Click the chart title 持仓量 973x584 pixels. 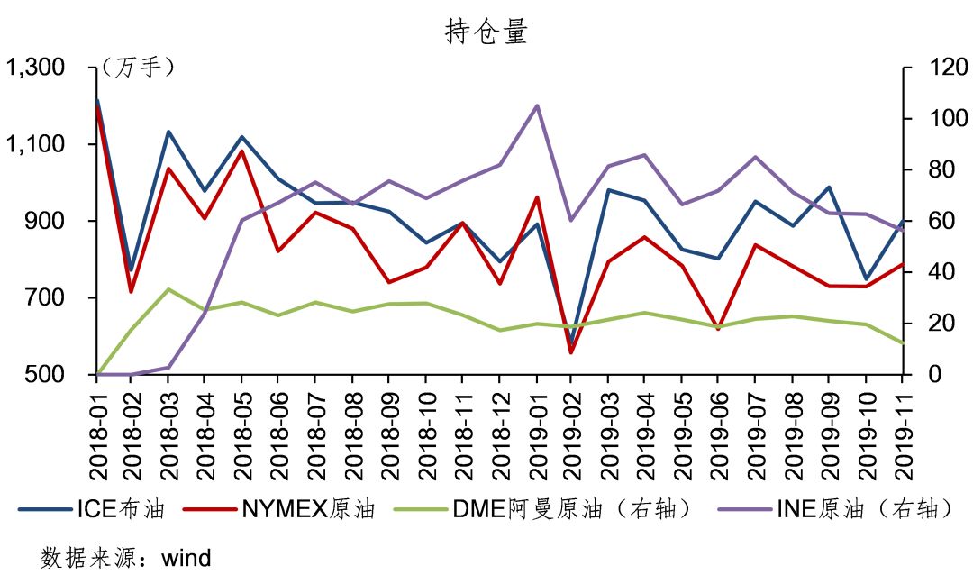[486, 32]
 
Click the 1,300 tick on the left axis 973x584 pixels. [35, 68]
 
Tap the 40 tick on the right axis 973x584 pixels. [923, 272]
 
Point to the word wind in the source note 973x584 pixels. [186, 558]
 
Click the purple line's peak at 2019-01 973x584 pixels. [537, 105]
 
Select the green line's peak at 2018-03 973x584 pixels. [168, 289]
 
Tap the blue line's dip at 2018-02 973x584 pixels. [132, 269]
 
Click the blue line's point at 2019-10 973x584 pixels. [867, 278]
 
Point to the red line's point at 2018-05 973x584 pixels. [241, 151]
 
